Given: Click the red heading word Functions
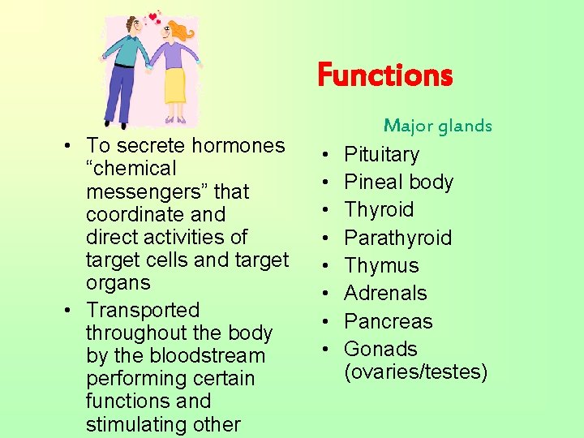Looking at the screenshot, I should tap(384, 75).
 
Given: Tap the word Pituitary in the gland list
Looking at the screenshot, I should tap(381, 154).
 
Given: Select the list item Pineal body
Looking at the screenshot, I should tap(398, 182).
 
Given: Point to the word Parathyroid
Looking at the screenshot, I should tap(397, 238).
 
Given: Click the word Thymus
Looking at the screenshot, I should tap(381, 265).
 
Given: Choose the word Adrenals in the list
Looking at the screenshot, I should tap(385, 293).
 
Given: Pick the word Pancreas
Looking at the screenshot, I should tap(388, 321).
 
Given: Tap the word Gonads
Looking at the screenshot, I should tap(380, 349).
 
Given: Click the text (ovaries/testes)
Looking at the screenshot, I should tap(416, 371).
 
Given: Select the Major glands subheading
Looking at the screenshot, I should tap(438, 126).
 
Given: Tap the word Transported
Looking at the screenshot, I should tap(143, 310).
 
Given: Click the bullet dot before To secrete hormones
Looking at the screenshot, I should tap(72, 145).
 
